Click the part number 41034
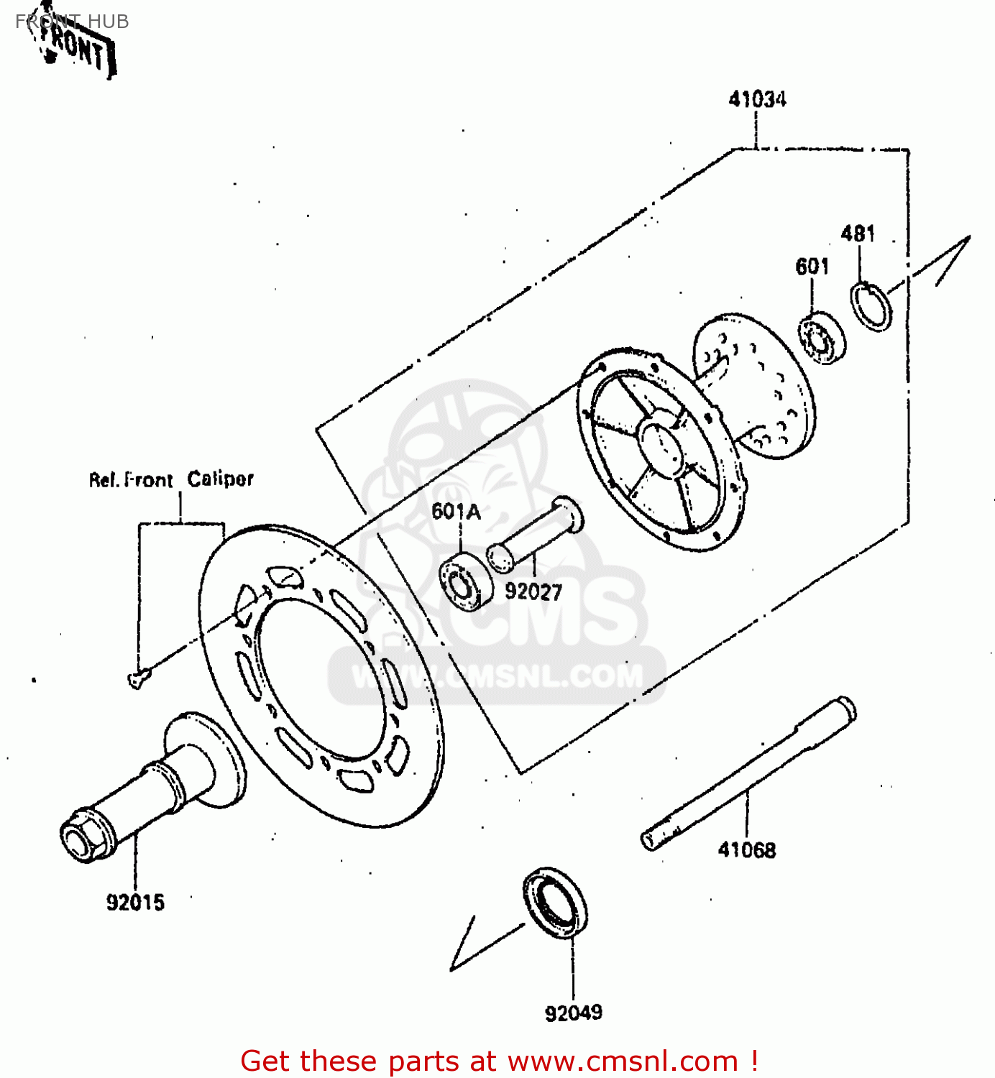757,99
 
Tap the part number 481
858,234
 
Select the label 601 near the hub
812,267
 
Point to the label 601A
456,512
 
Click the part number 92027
533,591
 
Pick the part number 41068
747,850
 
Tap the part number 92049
573,1013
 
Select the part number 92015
135,902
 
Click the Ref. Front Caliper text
171,479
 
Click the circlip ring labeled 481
871,307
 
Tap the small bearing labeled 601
822,338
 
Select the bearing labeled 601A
465,581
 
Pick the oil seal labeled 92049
554,902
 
